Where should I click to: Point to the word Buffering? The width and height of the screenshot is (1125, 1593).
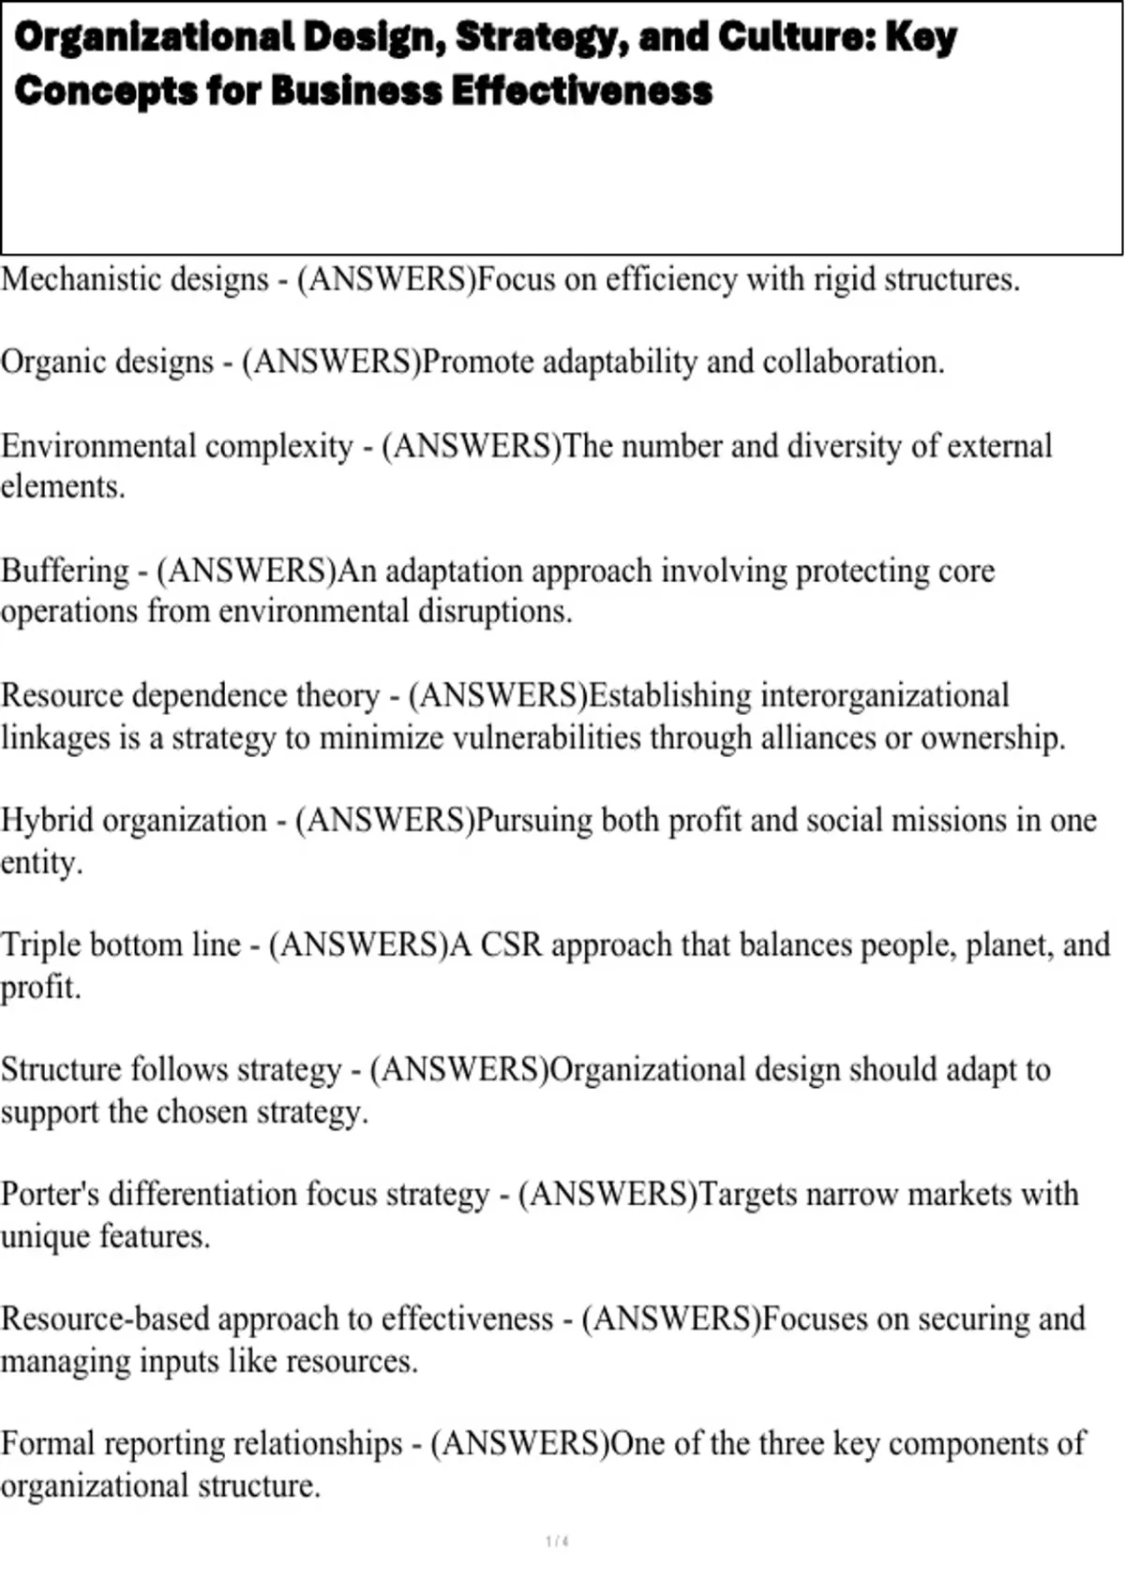pyautogui.click(x=65, y=571)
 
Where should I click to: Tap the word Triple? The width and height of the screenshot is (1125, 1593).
pyautogui.click(x=40, y=945)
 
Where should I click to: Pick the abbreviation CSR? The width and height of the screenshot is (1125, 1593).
pyautogui.click(x=511, y=945)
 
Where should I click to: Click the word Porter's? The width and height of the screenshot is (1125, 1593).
pyautogui.click(x=50, y=1195)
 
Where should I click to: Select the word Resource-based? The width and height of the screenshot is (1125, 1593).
pyautogui.click(x=105, y=1319)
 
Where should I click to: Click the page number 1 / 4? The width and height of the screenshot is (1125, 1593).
pyautogui.click(x=557, y=1541)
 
